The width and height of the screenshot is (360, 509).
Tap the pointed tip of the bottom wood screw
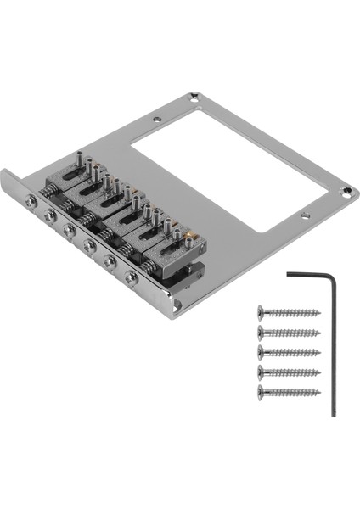[x=320, y=392]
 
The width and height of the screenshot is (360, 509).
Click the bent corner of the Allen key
[x=333, y=277]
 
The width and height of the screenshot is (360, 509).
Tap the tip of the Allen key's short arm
[x=289, y=275]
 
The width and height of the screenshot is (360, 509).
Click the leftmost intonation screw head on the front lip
[x=31, y=200]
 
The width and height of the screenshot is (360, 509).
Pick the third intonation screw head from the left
[x=70, y=230]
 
